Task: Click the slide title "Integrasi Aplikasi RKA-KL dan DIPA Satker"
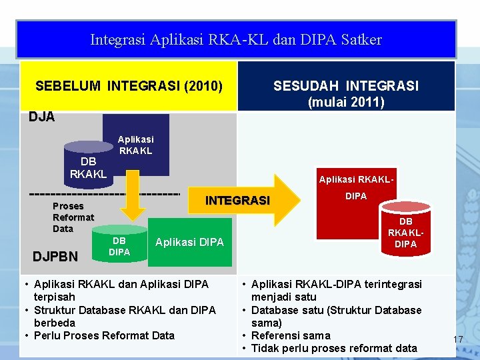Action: (x=236, y=40)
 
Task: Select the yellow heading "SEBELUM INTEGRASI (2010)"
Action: (x=129, y=86)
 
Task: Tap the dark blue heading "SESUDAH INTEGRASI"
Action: (x=346, y=86)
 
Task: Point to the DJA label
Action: (x=42, y=117)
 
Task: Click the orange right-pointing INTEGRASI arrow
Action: (x=247, y=201)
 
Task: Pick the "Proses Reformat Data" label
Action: (x=73, y=217)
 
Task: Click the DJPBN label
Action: (x=55, y=256)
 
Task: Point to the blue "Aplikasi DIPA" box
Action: (x=189, y=242)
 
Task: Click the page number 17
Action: (x=457, y=340)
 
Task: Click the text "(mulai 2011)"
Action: (x=346, y=103)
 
